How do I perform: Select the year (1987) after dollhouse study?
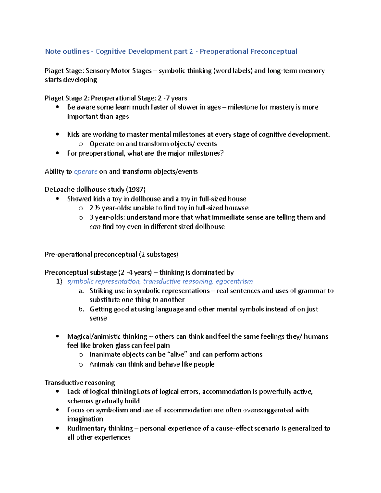tap(136, 190)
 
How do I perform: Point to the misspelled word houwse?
tap(236, 208)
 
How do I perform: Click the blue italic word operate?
tap(86, 172)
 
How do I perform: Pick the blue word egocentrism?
tap(234, 281)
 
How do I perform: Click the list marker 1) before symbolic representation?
tap(59, 281)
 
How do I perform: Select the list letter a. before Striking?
tap(81, 291)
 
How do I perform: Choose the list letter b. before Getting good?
tap(81, 309)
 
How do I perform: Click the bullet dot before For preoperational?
tap(57, 153)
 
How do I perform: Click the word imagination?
tap(85, 419)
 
